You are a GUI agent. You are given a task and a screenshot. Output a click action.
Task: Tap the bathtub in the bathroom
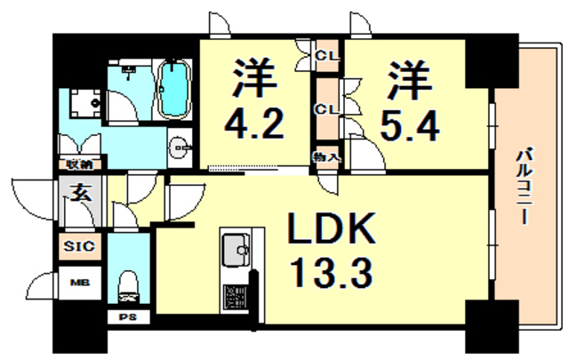pos(175,88)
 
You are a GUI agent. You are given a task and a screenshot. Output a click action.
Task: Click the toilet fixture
pos(127,285)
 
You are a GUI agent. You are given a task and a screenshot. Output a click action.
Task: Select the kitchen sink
pos(236,249)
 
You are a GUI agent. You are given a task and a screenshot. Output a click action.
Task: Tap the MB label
pos(79,284)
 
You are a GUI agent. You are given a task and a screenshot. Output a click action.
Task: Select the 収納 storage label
pos(79,164)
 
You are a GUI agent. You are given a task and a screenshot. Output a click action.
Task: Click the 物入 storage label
pos(326,156)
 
